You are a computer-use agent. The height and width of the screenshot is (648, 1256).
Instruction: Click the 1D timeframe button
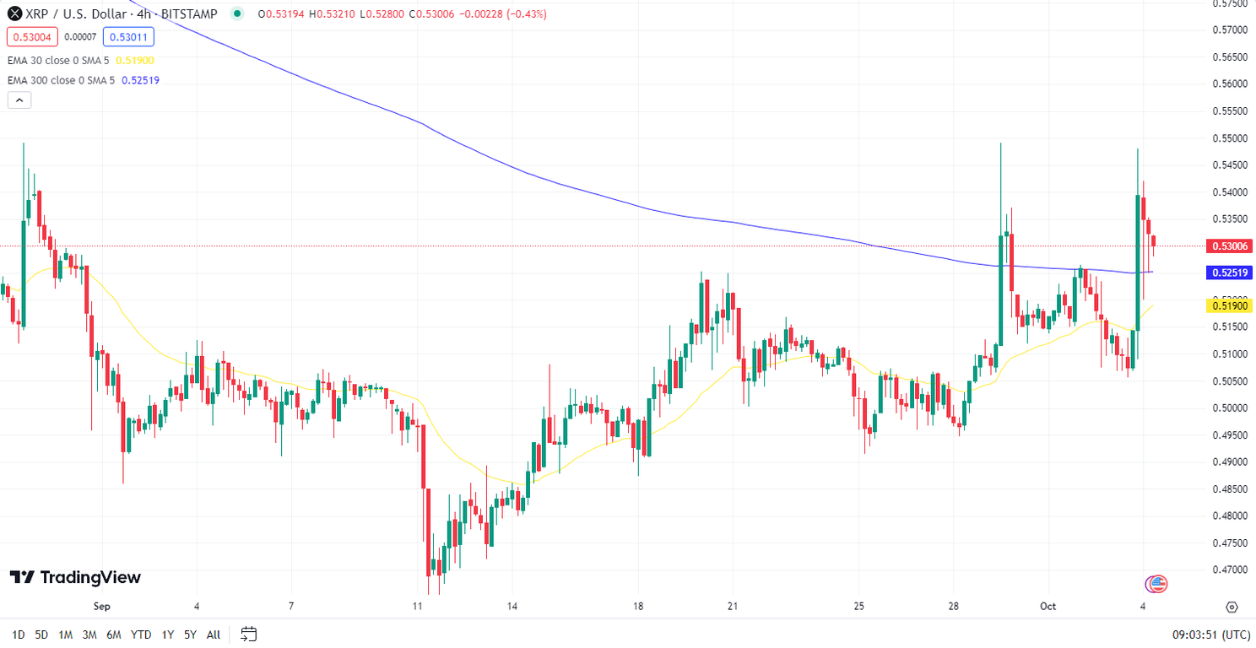pyautogui.click(x=18, y=634)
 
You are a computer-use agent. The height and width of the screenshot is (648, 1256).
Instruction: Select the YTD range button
pyautogui.click(x=141, y=634)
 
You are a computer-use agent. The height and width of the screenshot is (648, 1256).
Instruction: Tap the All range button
pyautogui.click(x=214, y=634)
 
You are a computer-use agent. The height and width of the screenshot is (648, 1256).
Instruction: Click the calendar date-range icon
pyautogui.click(x=248, y=634)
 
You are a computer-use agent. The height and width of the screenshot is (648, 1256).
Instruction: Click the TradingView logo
pyautogui.click(x=75, y=577)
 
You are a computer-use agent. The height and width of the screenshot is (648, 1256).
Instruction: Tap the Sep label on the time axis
pyautogui.click(x=102, y=606)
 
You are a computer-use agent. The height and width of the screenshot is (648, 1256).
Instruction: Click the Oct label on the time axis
pyautogui.click(x=1048, y=606)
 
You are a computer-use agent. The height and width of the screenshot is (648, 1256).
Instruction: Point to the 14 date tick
pyautogui.click(x=512, y=606)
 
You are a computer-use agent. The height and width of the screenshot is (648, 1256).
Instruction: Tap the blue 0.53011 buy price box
pyautogui.click(x=128, y=36)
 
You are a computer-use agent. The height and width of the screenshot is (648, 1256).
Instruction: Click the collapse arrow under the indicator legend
pyautogui.click(x=19, y=100)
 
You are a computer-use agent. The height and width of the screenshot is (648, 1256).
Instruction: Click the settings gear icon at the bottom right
pyautogui.click(x=1232, y=607)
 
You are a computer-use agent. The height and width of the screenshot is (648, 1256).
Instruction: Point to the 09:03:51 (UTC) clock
pyautogui.click(x=1211, y=634)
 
